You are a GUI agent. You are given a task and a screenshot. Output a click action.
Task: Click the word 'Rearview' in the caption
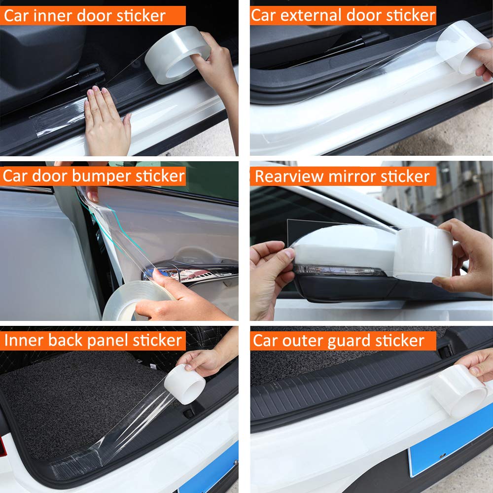[x=289, y=176]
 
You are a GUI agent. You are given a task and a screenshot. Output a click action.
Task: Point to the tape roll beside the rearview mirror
[x=423, y=254]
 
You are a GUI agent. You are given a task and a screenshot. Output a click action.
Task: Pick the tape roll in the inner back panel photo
[x=185, y=384]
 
